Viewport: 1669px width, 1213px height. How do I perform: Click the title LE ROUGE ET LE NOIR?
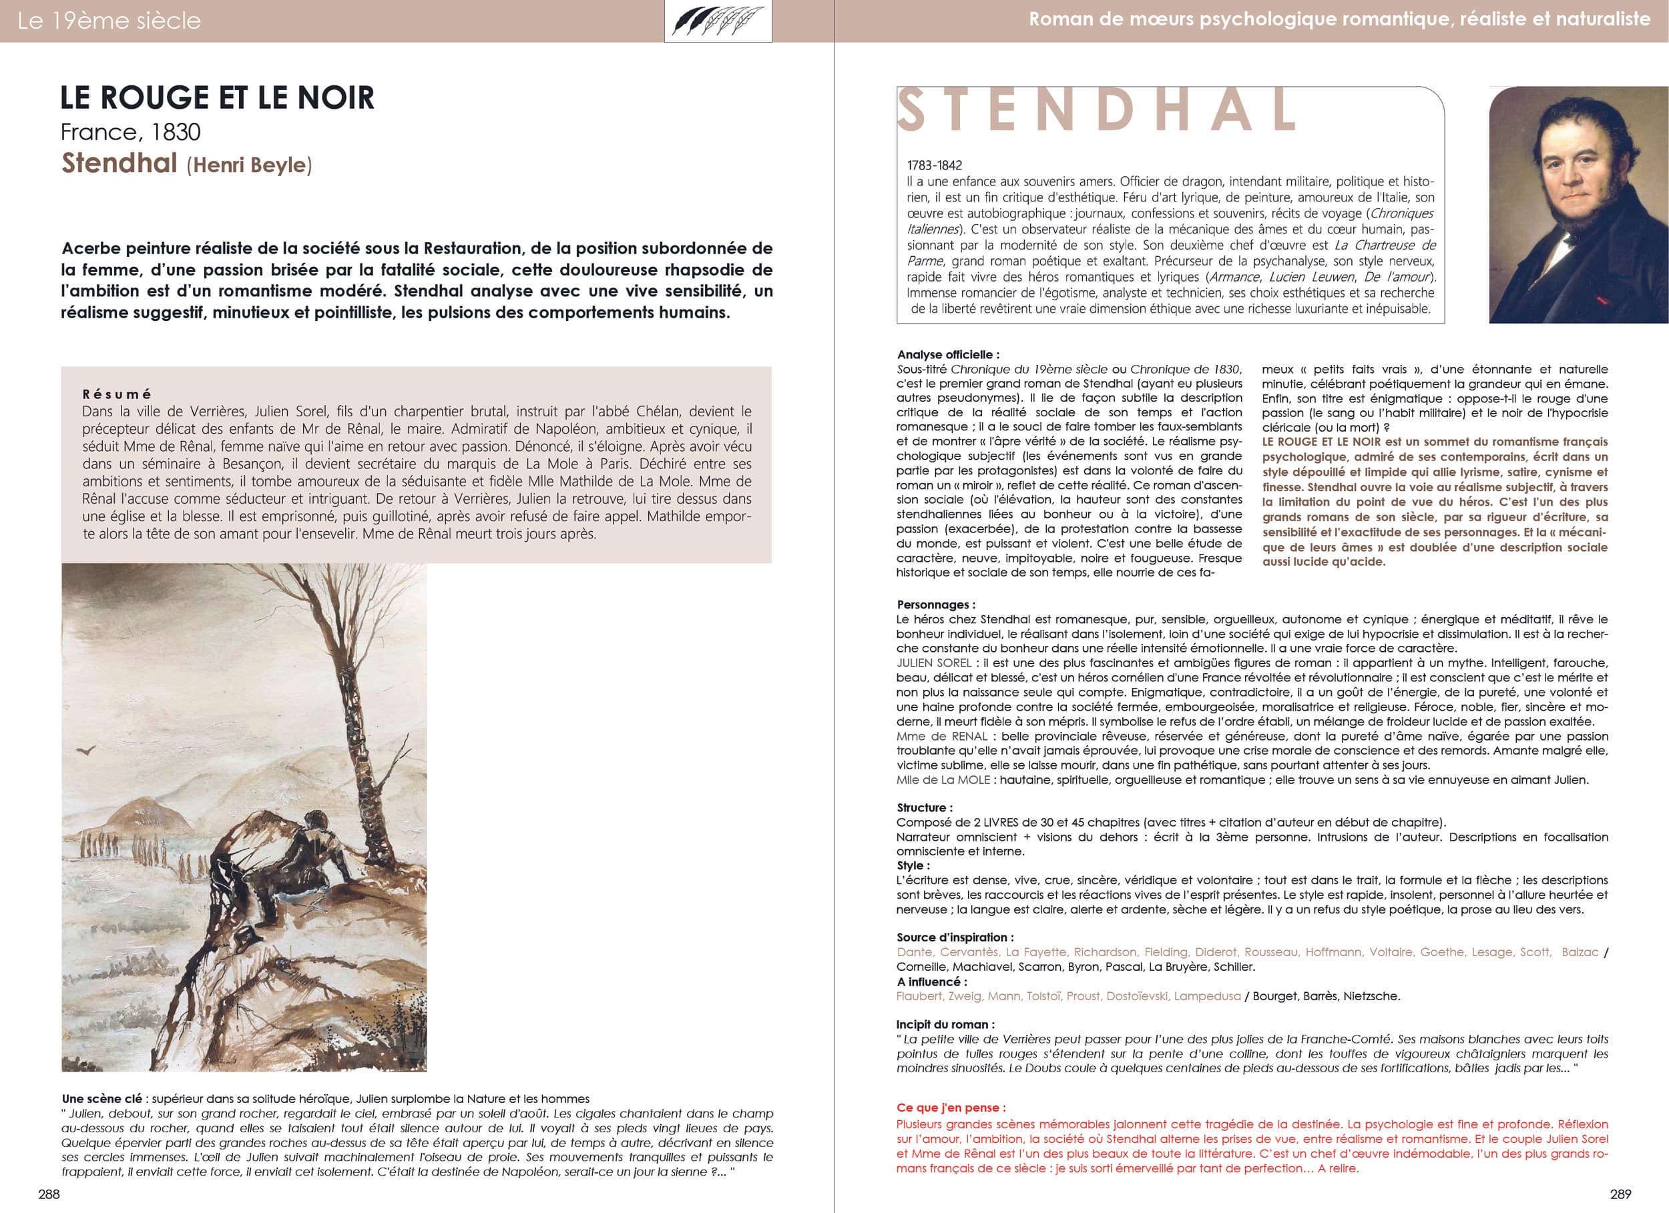pyautogui.click(x=217, y=98)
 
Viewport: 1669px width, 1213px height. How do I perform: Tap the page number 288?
pyautogui.click(x=49, y=1194)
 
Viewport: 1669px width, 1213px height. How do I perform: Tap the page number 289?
pyautogui.click(x=1620, y=1194)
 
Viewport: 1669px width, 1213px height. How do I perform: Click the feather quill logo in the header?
pyautogui.click(x=718, y=21)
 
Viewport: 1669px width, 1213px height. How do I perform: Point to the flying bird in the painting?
pyautogui.click(x=87, y=751)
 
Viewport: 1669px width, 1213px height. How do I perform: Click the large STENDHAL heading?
pyautogui.click(x=1096, y=110)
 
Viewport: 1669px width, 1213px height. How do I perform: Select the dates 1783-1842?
pyautogui.click(x=934, y=165)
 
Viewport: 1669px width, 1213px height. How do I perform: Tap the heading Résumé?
pyautogui.click(x=117, y=394)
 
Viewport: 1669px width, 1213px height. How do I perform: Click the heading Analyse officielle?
pyautogui.click(x=948, y=354)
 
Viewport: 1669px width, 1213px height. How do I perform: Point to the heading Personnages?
pyautogui.click(x=935, y=604)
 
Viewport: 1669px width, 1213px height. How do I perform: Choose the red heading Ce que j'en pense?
pyautogui.click(x=951, y=1107)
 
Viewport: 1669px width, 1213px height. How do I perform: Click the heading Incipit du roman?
pyautogui.click(x=945, y=1024)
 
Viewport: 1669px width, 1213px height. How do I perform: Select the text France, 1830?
pyautogui.click(x=130, y=132)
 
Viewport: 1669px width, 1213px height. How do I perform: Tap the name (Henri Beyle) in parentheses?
pyautogui.click(x=249, y=165)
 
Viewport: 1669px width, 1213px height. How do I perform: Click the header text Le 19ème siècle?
pyautogui.click(x=109, y=21)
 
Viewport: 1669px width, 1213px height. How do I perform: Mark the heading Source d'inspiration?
pyautogui.click(x=955, y=937)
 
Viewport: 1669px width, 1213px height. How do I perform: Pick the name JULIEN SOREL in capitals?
pyautogui.click(x=933, y=663)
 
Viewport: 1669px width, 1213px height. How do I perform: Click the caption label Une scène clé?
pyautogui.click(x=102, y=1099)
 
